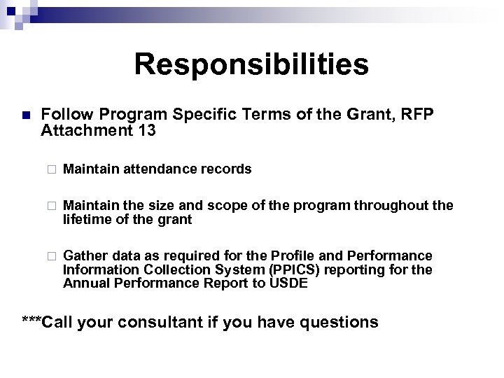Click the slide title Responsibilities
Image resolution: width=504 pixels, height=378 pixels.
tap(251, 64)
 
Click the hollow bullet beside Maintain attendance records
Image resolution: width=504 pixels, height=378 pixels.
tap(50, 169)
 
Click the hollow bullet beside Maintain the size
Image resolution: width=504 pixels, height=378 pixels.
tap(50, 206)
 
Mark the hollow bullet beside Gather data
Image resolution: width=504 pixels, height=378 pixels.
tap(50, 256)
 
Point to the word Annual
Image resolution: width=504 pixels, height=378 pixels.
tap(83, 283)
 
